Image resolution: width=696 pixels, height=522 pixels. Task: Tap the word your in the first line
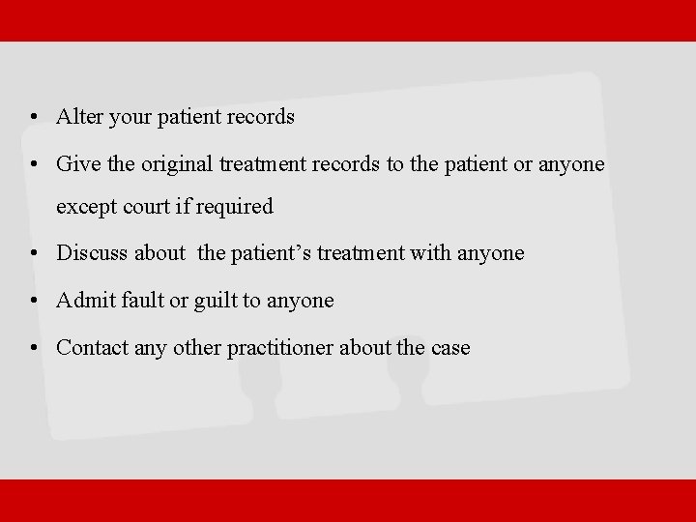[127, 118]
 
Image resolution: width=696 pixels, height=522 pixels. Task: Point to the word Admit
[84, 301]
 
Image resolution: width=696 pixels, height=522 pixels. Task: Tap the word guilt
[214, 301]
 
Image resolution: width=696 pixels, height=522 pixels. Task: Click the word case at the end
[449, 348]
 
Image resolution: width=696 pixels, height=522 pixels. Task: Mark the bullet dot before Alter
[34, 118]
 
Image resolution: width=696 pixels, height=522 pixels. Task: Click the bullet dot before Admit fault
[34, 302]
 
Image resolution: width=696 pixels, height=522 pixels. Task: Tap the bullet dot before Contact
[34, 348]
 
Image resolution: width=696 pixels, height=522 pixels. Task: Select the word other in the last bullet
[197, 347]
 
